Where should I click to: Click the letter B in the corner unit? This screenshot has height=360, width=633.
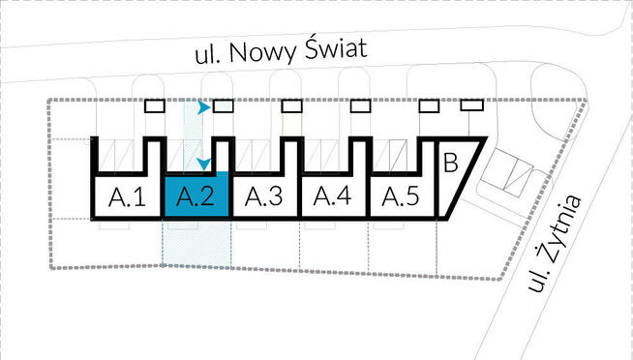point(450,162)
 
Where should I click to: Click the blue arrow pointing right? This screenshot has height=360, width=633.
point(203,108)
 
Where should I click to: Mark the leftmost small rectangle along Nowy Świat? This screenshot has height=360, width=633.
point(156,106)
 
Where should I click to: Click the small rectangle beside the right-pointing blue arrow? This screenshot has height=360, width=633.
point(224,106)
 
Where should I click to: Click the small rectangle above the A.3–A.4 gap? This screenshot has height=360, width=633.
point(291,106)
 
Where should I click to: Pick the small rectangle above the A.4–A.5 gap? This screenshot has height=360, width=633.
point(360,106)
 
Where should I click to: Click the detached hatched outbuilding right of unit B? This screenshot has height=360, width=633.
point(511,175)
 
